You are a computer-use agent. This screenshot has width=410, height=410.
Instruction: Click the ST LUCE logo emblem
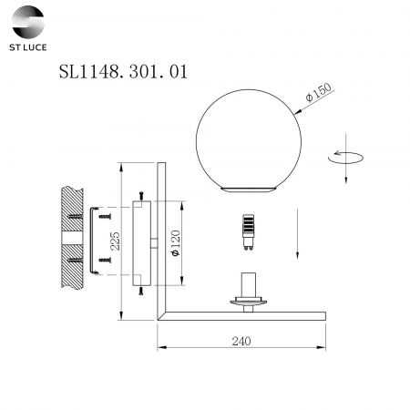coord(28,22)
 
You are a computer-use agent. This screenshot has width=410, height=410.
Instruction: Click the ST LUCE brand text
coord(28,47)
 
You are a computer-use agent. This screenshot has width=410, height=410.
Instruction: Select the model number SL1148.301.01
coord(123,72)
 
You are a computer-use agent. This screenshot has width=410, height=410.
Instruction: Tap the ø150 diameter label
coord(319,92)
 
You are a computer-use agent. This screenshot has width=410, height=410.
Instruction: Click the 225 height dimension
coord(115,241)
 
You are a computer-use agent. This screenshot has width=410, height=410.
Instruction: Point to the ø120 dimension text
coord(176,243)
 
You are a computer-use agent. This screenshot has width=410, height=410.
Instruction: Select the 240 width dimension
coord(241,341)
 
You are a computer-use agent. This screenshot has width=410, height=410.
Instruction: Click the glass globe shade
coord(249,140)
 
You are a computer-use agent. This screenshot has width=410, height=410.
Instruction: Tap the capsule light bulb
coord(249,232)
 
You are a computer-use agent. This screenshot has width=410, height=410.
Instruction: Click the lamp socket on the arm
coord(249,292)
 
